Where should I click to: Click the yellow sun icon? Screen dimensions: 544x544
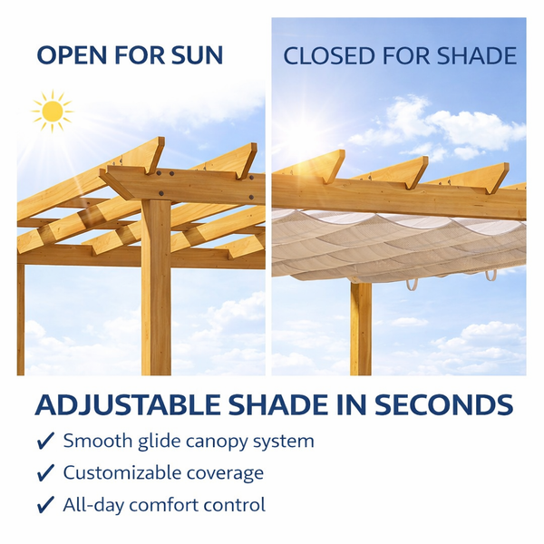click(53, 112)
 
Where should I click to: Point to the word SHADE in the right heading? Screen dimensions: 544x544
click(476, 55)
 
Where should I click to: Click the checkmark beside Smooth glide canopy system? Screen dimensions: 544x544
click(44, 442)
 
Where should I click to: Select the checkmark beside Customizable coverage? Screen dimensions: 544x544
click(44, 473)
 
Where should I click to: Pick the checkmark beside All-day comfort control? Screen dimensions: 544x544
click(44, 505)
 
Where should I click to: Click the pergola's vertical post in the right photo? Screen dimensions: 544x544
click(360, 326)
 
